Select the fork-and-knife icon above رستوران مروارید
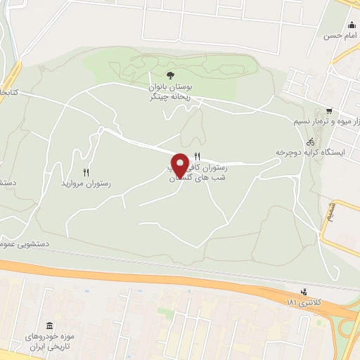click(x=86, y=172)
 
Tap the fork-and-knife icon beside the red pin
click(x=197, y=157)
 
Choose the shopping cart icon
click(x=329, y=111)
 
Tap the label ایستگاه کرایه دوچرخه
click(x=309, y=153)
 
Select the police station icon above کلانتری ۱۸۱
click(x=304, y=291)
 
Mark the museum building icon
click(x=49, y=326)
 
